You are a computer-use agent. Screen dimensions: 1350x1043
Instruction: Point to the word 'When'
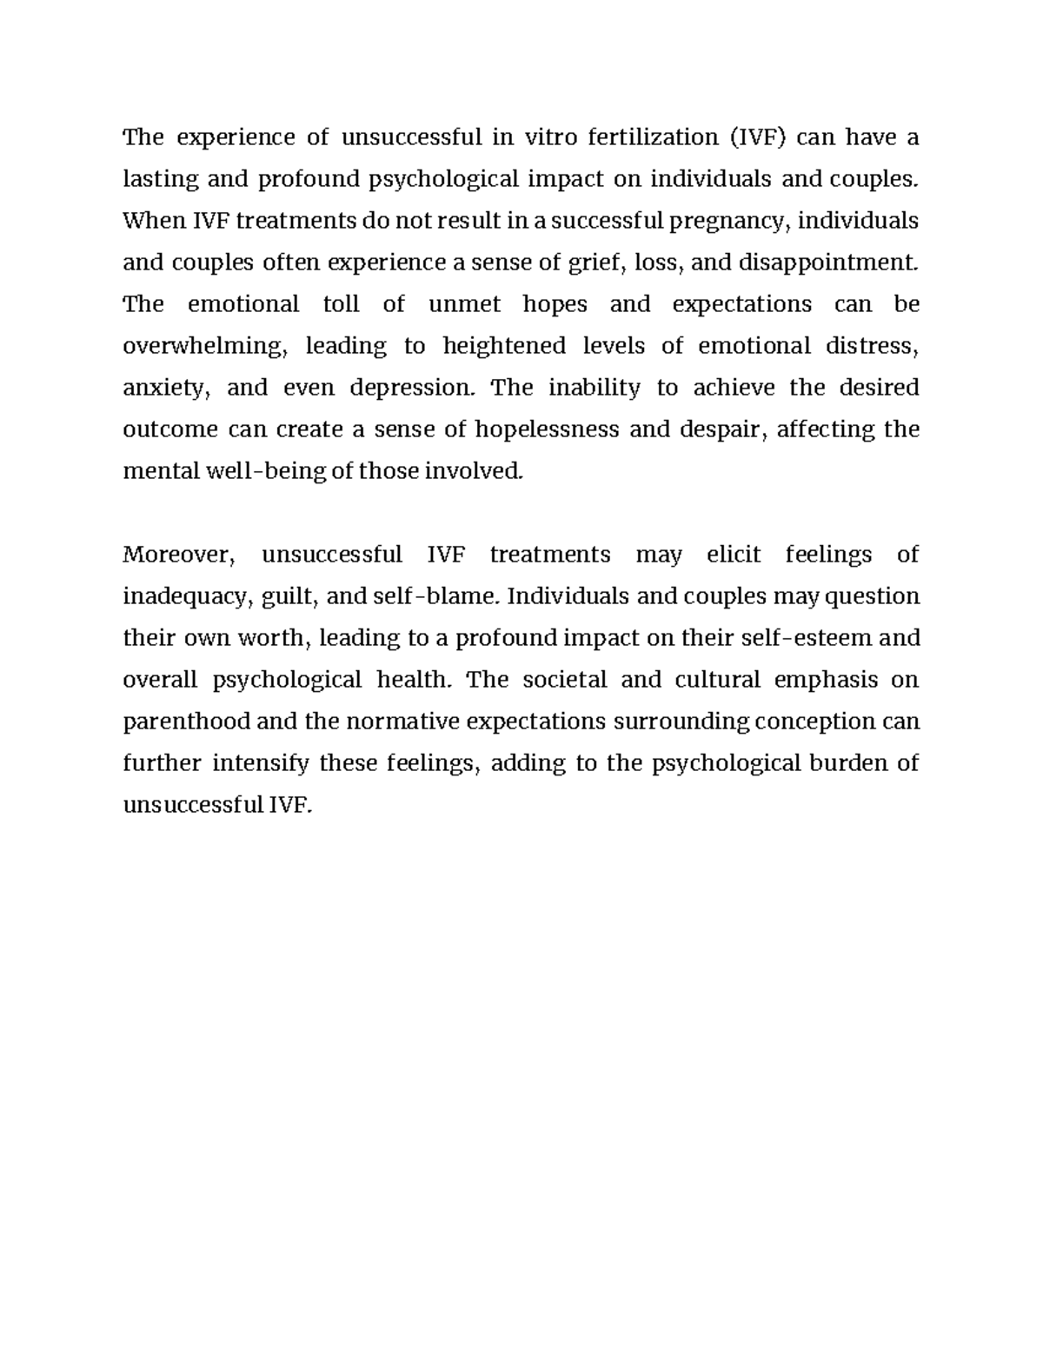tap(154, 221)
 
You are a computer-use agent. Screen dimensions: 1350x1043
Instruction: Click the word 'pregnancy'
tap(728, 222)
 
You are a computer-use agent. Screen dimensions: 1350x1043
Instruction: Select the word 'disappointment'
tap(827, 263)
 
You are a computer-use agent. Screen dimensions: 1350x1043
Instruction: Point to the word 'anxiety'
tap(166, 389)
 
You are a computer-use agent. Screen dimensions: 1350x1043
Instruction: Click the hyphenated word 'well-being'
tap(266, 471)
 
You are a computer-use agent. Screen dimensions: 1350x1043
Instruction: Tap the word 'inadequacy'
tap(188, 597)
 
